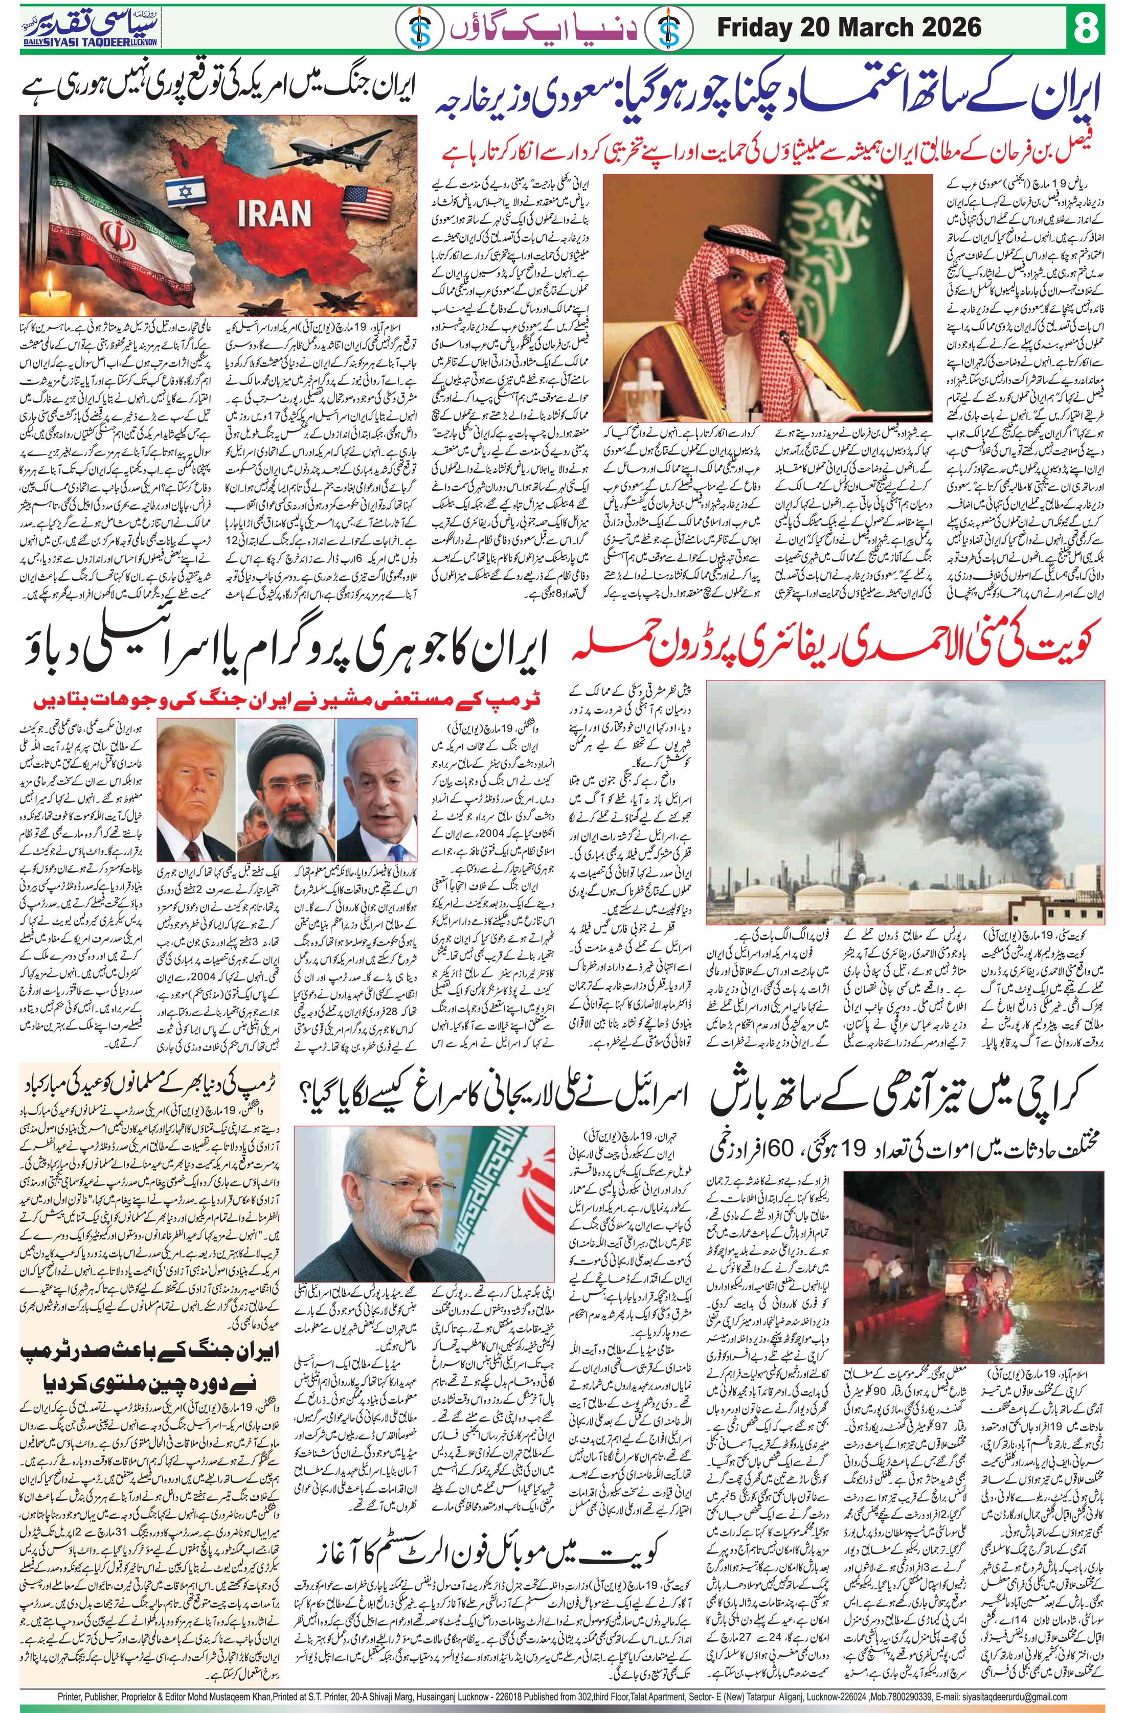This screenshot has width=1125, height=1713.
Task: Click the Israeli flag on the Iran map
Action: click(182, 193)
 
